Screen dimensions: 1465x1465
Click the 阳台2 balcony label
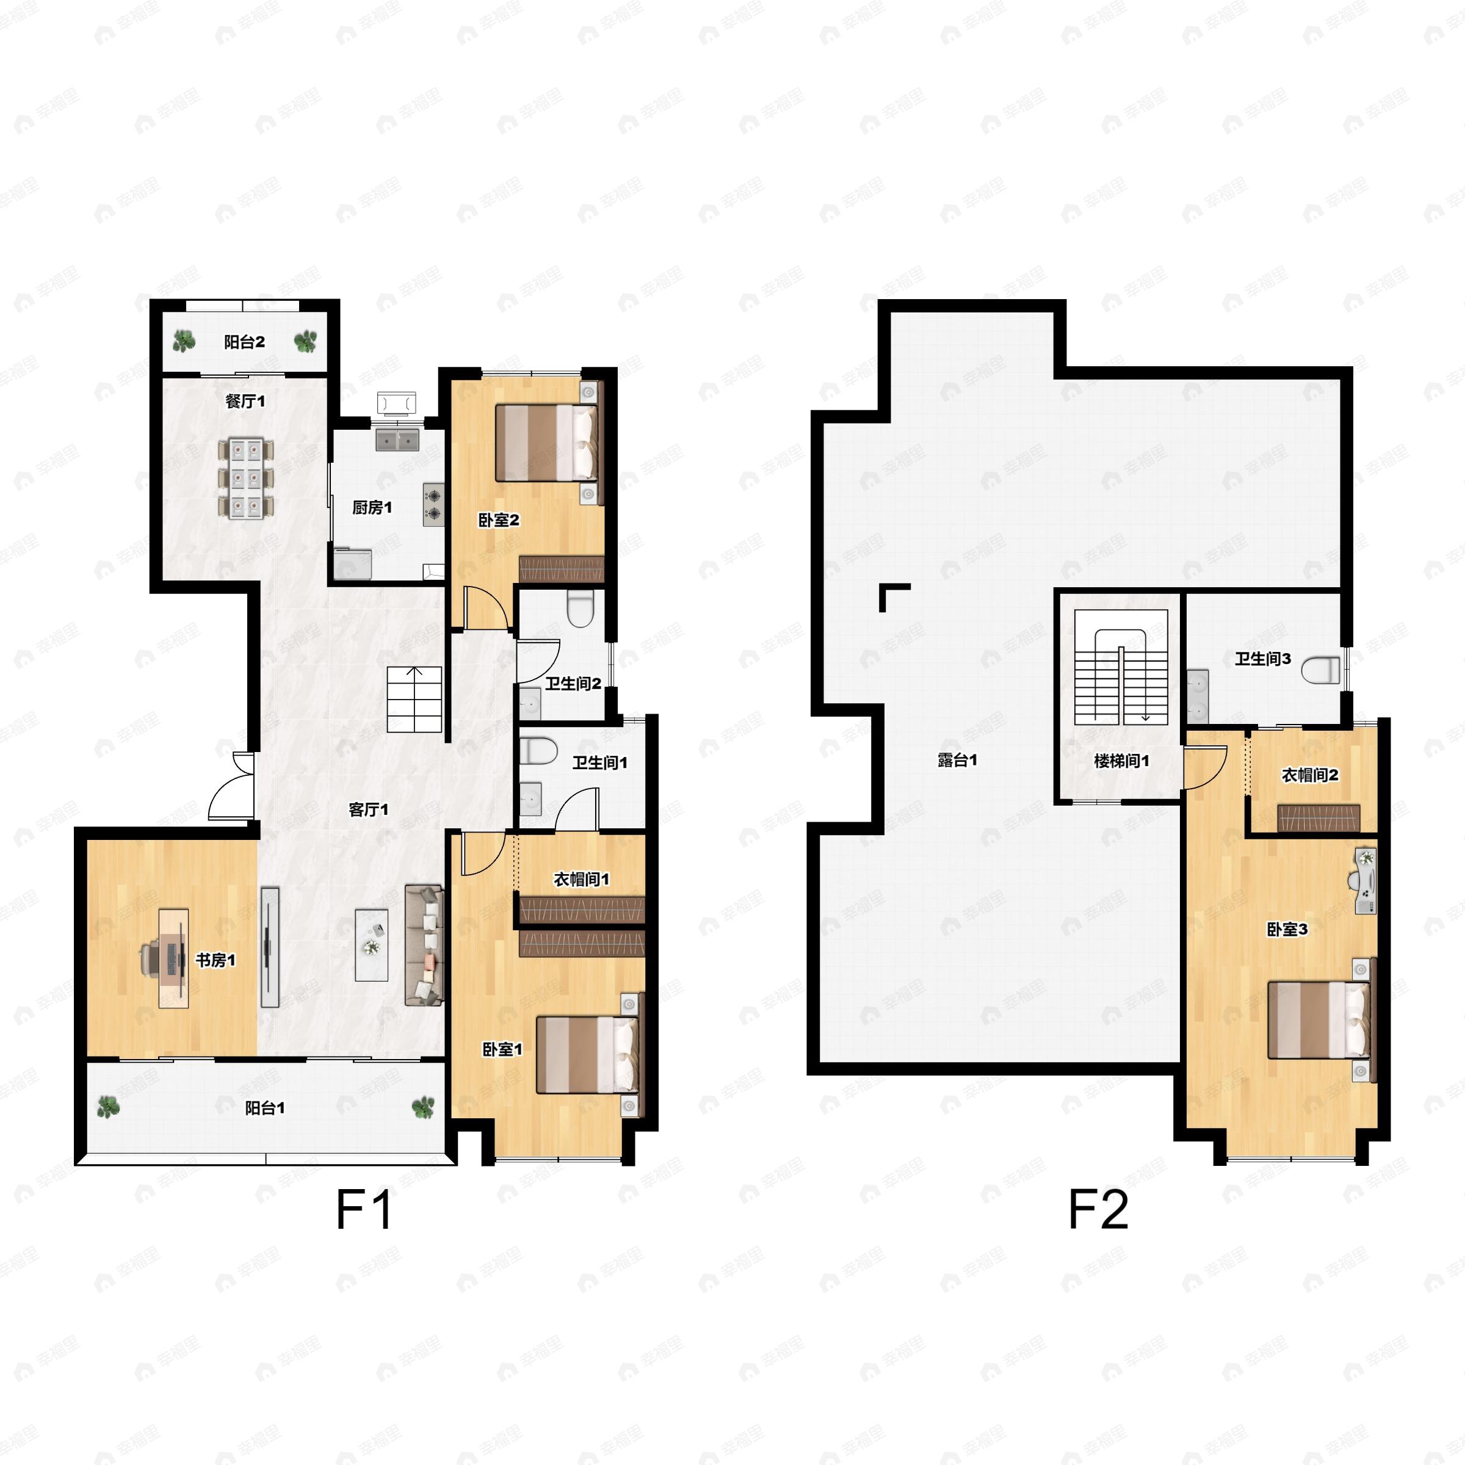(244, 342)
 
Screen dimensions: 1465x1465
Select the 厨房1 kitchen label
(372, 507)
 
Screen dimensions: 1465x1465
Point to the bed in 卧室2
(545, 443)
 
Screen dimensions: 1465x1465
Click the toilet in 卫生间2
(580, 609)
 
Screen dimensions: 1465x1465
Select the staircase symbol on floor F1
(414, 699)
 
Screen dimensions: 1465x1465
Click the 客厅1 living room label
(369, 810)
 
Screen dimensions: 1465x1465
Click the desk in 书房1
(173, 958)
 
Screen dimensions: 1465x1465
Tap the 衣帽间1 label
(582, 879)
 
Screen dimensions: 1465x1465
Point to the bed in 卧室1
(586, 1055)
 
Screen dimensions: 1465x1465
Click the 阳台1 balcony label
(265, 1108)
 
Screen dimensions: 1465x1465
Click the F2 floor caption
(1098, 1210)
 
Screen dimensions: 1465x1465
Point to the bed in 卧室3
(1318, 1020)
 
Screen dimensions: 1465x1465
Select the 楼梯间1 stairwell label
(1121, 761)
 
